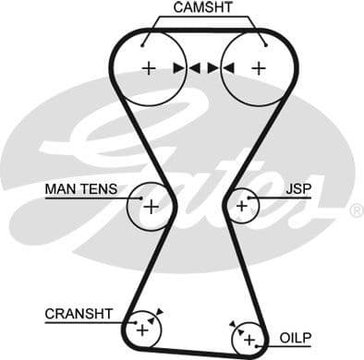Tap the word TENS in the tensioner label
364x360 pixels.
click(x=99, y=189)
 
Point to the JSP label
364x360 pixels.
click(x=298, y=188)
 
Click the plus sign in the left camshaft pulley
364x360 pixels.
click(x=148, y=67)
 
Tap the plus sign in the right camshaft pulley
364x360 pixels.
click(x=259, y=67)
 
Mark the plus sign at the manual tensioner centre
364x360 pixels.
click(x=150, y=206)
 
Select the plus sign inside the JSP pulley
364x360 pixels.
click(x=241, y=206)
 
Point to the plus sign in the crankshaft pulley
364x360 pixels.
click(x=142, y=328)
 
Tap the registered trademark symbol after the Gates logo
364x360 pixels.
click(x=356, y=211)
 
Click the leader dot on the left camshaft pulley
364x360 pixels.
click(x=145, y=42)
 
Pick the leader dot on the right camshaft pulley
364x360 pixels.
click(x=265, y=42)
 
